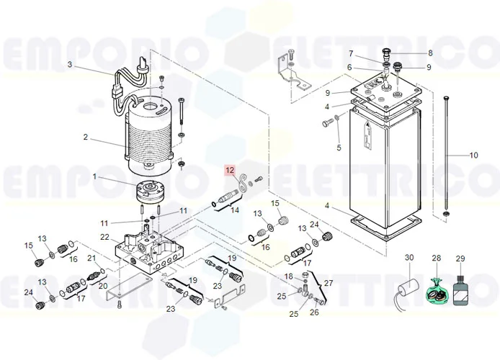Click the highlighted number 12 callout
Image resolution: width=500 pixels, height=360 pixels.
(230, 171)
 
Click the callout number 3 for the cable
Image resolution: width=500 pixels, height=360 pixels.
(70, 65)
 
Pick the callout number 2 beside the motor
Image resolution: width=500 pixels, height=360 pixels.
(86, 138)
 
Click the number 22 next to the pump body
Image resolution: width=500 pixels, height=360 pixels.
(104, 238)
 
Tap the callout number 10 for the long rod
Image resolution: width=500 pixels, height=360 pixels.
(474, 155)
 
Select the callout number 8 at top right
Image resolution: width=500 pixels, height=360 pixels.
(431, 53)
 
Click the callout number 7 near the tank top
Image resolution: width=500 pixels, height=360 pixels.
(351, 53)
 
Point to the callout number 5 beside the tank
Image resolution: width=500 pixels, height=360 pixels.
(339, 148)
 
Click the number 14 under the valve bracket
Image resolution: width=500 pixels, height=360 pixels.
(235, 210)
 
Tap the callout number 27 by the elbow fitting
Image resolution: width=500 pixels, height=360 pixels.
(329, 283)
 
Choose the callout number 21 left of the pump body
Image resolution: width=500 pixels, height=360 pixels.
(91, 258)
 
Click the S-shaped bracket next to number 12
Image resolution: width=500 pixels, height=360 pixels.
(244, 184)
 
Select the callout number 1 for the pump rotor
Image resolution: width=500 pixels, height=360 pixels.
(94, 176)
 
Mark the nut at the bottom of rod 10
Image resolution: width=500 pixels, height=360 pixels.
(447, 213)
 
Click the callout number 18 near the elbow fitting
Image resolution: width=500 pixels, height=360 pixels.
(288, 276)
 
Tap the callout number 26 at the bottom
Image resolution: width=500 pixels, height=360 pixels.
(314, 312)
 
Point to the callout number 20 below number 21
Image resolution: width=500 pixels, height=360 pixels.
(103, 286)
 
